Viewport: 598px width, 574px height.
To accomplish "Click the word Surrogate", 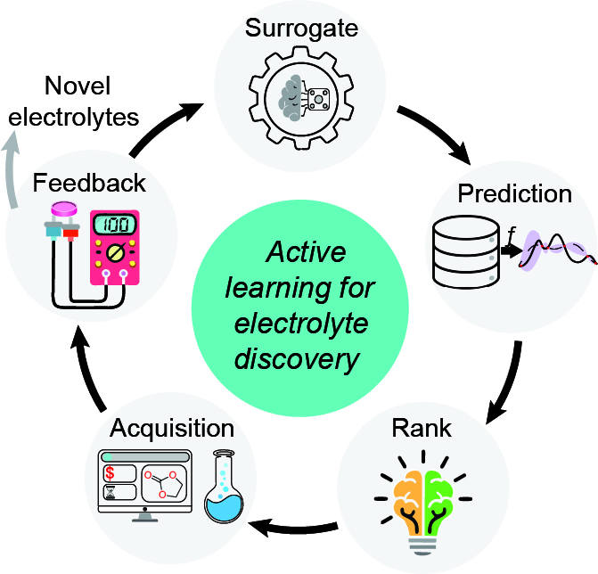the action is (301, 29).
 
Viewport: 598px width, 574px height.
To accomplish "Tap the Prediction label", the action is (514, 193).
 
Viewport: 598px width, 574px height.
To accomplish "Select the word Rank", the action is (422, 429).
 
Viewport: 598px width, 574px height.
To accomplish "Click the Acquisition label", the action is (172, 430).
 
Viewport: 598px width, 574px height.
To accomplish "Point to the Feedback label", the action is (89, 183).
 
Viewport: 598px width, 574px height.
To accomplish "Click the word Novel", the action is (78, 86).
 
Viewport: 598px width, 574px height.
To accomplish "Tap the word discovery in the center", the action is (297, 359).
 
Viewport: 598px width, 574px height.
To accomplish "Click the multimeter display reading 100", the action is (115, 225).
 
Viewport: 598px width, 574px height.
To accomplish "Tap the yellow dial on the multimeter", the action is (115, 253).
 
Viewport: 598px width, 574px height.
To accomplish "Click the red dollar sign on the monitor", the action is (110, 473).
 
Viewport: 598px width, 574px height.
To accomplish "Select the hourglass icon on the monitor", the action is (111, 492).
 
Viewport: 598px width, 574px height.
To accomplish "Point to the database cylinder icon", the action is (466, 252).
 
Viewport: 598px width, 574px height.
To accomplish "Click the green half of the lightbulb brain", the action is (438, 500).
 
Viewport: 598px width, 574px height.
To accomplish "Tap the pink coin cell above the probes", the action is (64, 209).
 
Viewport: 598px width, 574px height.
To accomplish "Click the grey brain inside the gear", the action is (291, 98).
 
